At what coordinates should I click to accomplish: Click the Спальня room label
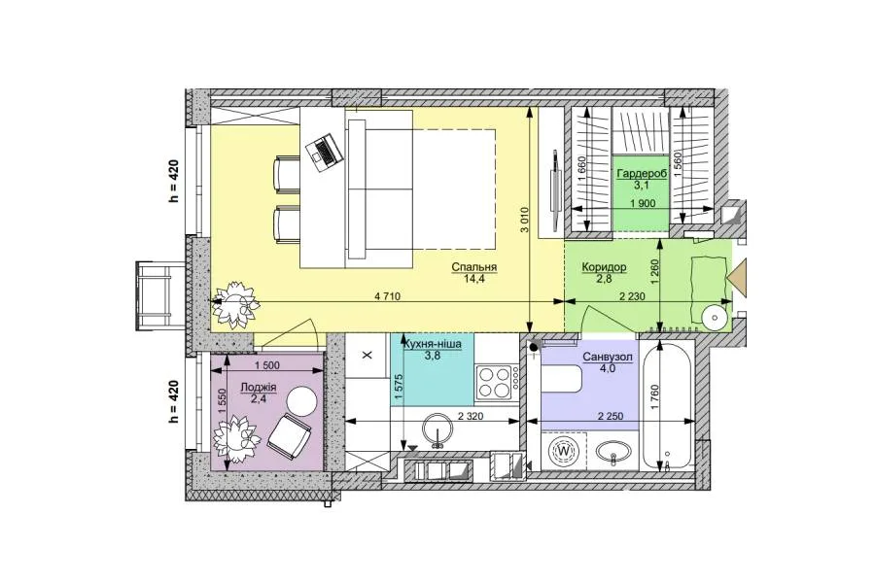473,267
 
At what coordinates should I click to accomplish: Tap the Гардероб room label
642,174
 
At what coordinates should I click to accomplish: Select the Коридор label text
604,267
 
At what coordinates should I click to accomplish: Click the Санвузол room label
608,357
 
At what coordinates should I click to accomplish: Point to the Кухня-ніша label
433,344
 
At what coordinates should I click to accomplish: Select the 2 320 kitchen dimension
471,416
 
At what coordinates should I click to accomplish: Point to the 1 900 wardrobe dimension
643,204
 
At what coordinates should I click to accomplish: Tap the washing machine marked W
564,451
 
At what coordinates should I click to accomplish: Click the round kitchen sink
438,431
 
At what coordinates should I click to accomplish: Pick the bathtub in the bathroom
666,407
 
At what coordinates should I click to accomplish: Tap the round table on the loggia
302,400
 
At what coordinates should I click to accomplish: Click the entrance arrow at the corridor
738,275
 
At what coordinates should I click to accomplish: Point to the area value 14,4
473,279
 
